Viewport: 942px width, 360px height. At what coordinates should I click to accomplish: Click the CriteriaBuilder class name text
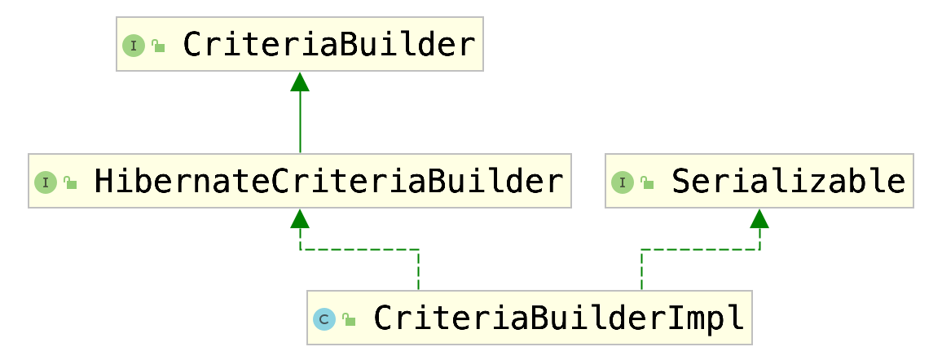point(328,44)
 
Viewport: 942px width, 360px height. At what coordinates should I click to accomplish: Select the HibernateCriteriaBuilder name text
point(328,181)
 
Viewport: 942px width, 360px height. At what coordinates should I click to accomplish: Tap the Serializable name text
point(788,181)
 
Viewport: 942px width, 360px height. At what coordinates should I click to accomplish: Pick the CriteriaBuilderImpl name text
point(559,318)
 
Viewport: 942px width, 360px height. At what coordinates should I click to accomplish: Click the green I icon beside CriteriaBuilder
point(133,46)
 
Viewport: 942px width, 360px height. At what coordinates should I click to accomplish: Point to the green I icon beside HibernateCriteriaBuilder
point(45,182)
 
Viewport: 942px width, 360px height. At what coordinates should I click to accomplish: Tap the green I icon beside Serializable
point(622,182)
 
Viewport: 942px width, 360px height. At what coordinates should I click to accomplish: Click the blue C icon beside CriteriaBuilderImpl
point(324,319)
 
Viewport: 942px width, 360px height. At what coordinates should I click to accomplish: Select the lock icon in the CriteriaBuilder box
point(158,46)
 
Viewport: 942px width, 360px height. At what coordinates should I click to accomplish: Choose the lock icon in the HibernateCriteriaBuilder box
point(70,182)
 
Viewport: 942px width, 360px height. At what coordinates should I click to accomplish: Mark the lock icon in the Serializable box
point(647,182)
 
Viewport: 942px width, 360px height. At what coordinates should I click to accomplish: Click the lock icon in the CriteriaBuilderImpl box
point(349,319)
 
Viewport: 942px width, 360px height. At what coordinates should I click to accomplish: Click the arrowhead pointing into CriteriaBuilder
point(300,81)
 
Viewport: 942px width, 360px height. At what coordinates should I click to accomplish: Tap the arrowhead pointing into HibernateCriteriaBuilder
point(300,218)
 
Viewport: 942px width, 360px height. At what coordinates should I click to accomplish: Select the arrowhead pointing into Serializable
point(759,218)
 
